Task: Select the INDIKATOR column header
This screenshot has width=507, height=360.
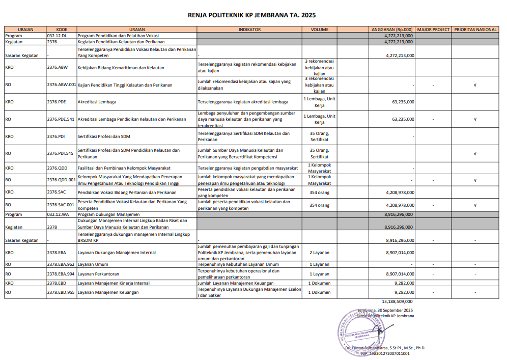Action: coord(249,30)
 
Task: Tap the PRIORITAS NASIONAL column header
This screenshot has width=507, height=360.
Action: coord(475,30)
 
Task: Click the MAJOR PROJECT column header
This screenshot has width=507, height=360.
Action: coord(433,30)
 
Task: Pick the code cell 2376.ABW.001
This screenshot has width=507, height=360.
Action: coord(61,85)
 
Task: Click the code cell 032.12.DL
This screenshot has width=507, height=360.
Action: coord(57,36)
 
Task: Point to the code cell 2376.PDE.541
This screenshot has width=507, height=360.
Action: coord(61,119)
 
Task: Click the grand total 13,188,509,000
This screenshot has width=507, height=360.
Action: coord(398,301)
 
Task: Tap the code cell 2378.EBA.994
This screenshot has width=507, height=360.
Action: coord(61,274)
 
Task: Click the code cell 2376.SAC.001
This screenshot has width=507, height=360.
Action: coord(61,205)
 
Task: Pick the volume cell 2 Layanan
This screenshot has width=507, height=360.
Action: coord(319,253)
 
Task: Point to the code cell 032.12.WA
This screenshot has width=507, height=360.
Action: coord(58,214)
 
